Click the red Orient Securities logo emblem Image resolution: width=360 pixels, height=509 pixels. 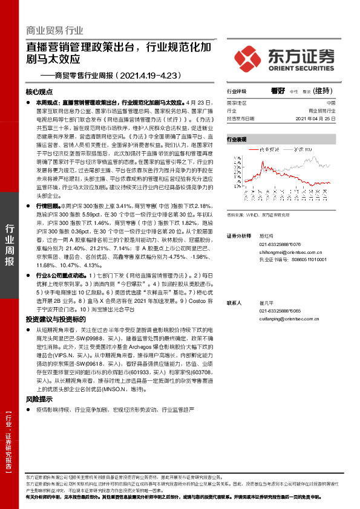click(x=247, y=58)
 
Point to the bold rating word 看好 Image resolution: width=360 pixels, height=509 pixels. click(x=278, y=91)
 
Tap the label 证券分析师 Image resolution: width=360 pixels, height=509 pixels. click(x=238, y=235)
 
